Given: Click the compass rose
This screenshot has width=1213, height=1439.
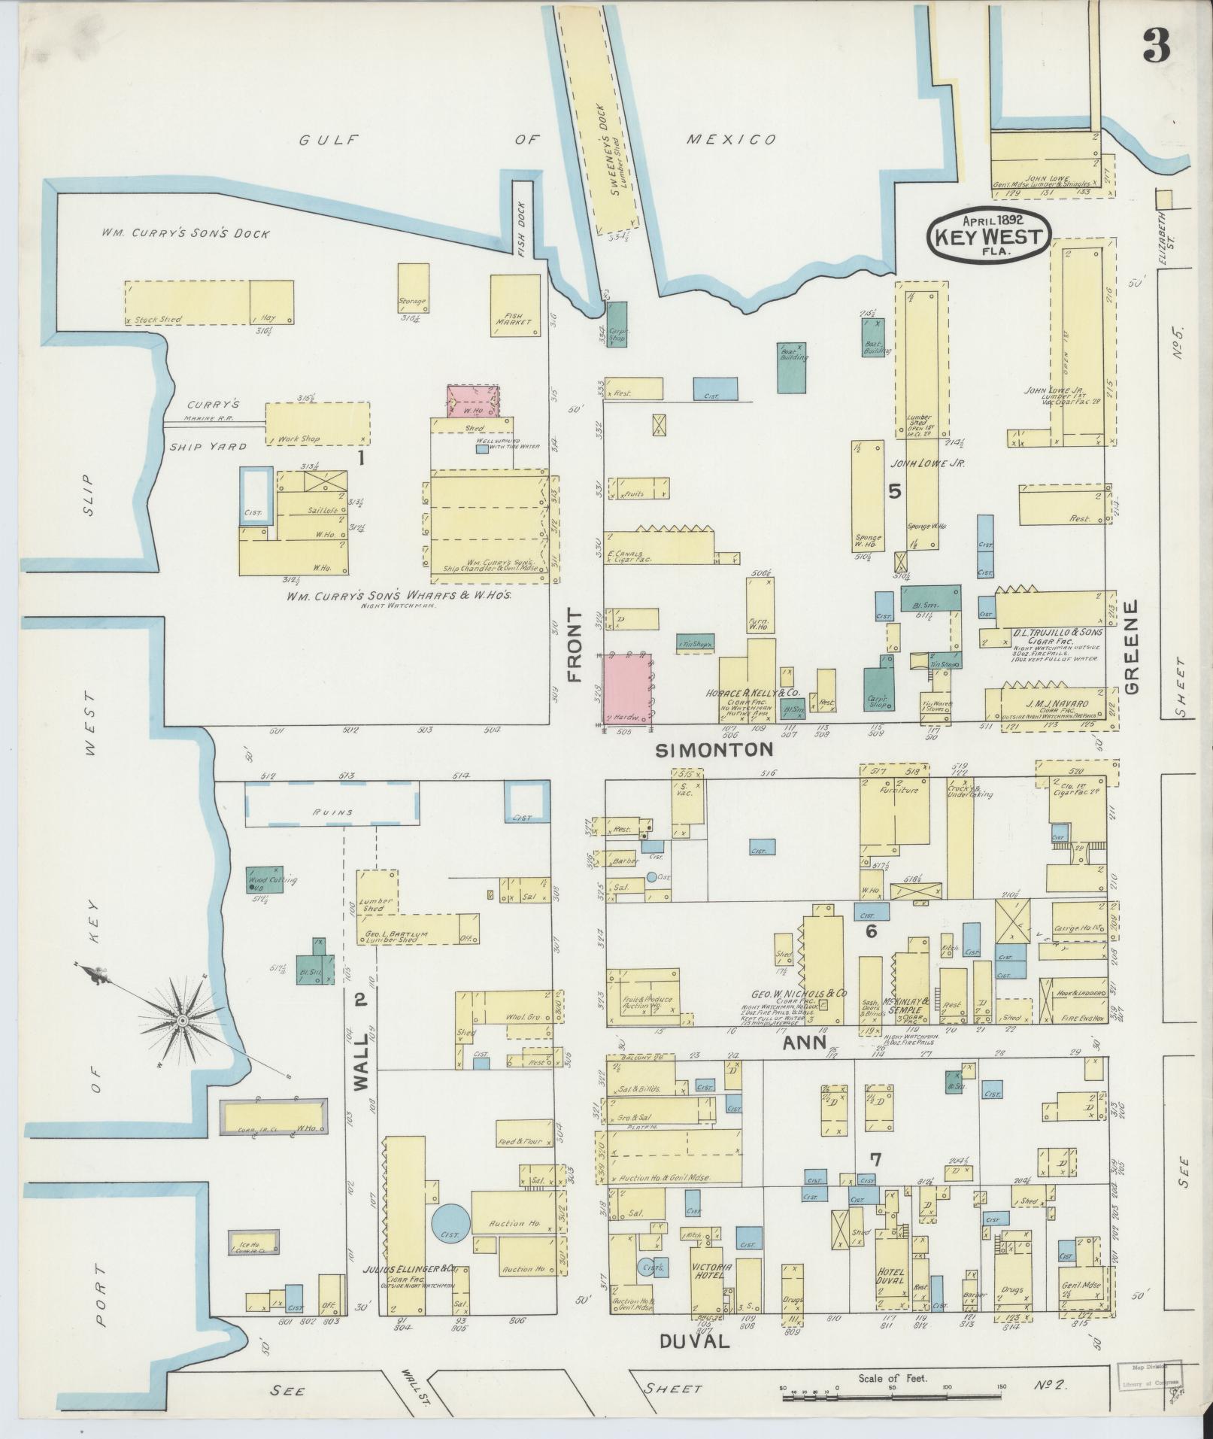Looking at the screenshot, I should click(x=182, y=1021).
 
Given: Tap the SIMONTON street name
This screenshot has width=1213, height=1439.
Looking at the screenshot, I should click(x=714, y=749).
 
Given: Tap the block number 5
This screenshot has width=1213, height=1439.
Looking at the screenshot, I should click(x=894, y=490).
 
